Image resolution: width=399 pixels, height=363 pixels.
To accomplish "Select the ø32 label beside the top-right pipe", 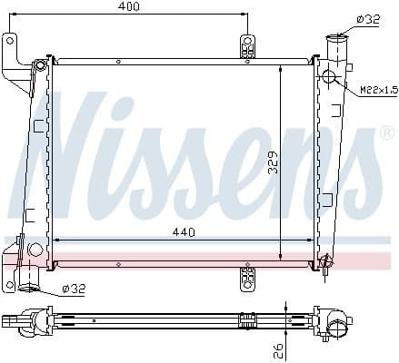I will coord(368,19).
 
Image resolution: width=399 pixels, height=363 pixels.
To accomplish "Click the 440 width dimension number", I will coord(185,232).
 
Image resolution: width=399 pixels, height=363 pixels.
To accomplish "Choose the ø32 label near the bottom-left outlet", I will coord(75,289).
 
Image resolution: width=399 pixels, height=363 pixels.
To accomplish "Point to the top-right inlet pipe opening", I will coord(337,35).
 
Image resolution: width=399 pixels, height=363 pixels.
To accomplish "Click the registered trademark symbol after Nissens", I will coord(385,135).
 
